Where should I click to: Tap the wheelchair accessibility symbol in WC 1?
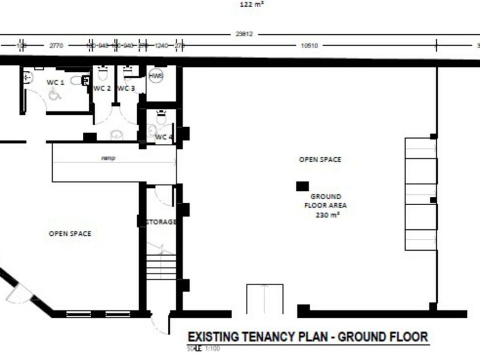(x=55, y=94)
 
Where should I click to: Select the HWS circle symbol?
(x=155, y=76)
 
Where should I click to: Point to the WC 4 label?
(x=164, y=137)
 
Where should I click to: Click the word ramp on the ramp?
(x=108, y=158)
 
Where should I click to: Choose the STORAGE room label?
(x=161, y=222)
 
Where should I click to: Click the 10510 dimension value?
(x=308, y=45)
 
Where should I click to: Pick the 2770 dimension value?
(x=56, y=45)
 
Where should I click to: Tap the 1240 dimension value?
(x=161, y=45)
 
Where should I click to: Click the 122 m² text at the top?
(x=251, y=4)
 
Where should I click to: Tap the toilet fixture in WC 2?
(x=102, y=74)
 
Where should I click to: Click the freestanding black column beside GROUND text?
(x=302, y=186)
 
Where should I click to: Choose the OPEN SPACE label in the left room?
(x=70, y=233)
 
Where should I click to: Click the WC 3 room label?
(x=126, y=89)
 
